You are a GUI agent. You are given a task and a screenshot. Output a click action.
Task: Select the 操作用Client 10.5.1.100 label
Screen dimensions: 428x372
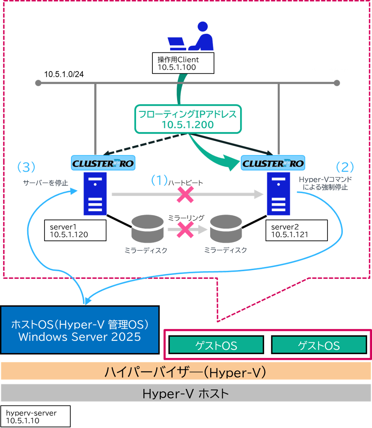tap(185, 63)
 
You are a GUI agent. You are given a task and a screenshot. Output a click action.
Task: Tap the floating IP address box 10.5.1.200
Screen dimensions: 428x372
tap(188, 119)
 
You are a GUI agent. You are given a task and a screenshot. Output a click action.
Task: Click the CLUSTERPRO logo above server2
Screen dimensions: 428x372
tap(273, 163)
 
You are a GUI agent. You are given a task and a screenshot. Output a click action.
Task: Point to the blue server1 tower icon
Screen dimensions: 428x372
tap(95, 194)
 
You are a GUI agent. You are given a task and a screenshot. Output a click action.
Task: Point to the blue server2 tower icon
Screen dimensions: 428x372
tap(279, 194)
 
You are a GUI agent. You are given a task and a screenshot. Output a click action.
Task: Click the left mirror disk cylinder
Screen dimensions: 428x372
tap(147, 229)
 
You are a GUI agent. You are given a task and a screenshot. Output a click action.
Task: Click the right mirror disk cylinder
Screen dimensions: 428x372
tap(226, 229)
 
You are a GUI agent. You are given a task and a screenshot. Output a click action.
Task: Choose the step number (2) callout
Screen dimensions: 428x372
tap(345, 167)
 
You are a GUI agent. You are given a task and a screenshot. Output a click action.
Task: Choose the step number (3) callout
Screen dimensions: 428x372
tap(26, 167)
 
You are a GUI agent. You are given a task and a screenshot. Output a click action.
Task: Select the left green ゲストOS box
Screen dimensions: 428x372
tap(216, 345)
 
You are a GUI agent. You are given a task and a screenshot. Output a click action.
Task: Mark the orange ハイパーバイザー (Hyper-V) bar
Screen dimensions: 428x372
tap(185, 371)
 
